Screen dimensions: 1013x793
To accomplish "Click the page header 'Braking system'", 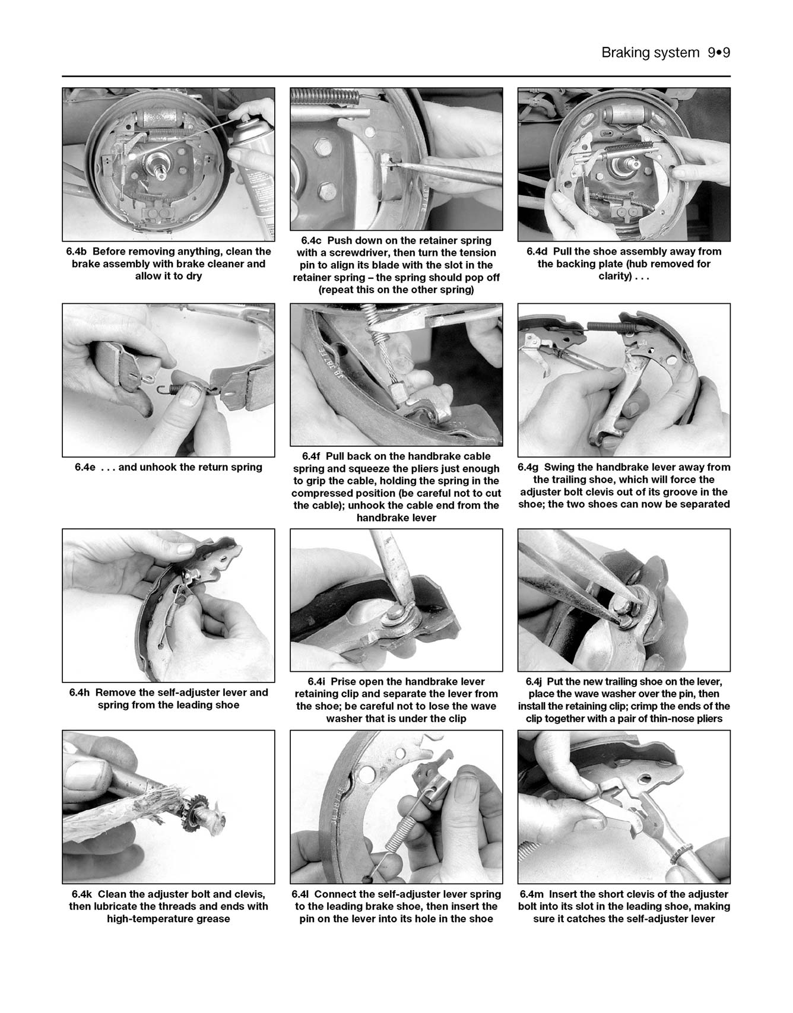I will (x=650, y=53).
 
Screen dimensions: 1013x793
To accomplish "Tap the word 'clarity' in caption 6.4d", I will (x=614, y=277).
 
